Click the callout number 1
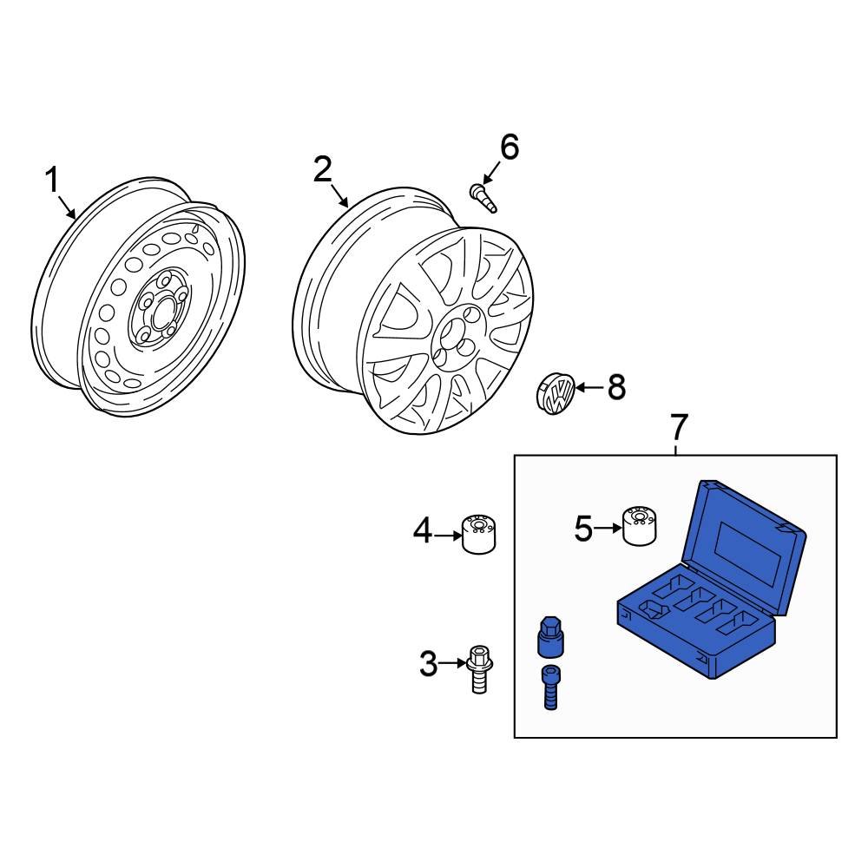click(52, 181)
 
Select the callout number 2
click(323, 169)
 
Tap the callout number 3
click(429, 665)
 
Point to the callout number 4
click(423, 530)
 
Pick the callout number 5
click(583, 528)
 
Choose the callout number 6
click(508, 148)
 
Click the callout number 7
click(678, 427)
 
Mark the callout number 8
click(616, 388)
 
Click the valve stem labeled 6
click(483, 196)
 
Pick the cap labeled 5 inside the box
click(639, 525)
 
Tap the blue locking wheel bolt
click(549, 687)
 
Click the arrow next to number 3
click(454, 664)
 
